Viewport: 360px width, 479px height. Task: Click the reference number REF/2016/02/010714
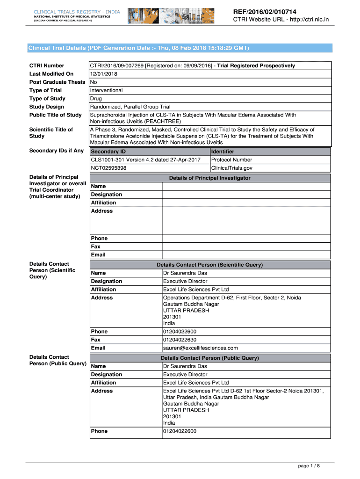(x=265, y=11)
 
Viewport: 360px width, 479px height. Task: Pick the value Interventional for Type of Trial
(x=106, y=90)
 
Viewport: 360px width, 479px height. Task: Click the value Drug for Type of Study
(x=96, y=99)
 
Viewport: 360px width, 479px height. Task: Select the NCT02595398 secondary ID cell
(x=108, y=168)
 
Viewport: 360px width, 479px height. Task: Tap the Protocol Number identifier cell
(x=232, y=160)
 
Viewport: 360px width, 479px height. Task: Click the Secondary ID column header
(x=108, y=152)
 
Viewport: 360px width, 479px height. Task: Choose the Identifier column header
(x=223, y=152)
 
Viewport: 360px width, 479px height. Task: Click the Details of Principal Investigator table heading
(x=209, y=178)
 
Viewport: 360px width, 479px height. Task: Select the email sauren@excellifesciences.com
(x=200, y=348)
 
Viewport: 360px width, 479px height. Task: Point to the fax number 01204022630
(x=180, y=340)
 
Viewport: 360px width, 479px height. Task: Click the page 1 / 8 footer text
(x=309, y=466)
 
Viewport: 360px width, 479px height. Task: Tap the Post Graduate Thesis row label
(x=57, y=82)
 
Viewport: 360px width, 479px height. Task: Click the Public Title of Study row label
(x=55, y=115)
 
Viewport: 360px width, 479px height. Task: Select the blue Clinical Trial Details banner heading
(x=139, y=48)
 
